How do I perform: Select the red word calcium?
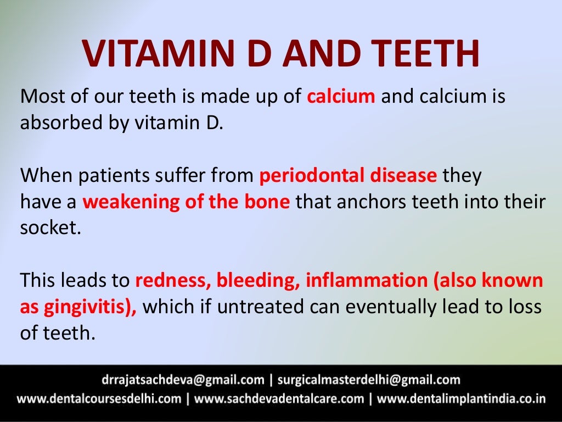[x=341, y=97]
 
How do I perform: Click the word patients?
[x=113, y=176]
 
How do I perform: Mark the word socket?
[x=50, y=227]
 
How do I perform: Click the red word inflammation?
[x=366, y=281]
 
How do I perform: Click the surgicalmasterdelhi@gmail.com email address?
[x=369, y=380]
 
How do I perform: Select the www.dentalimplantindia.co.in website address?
[x=462, y=399]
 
